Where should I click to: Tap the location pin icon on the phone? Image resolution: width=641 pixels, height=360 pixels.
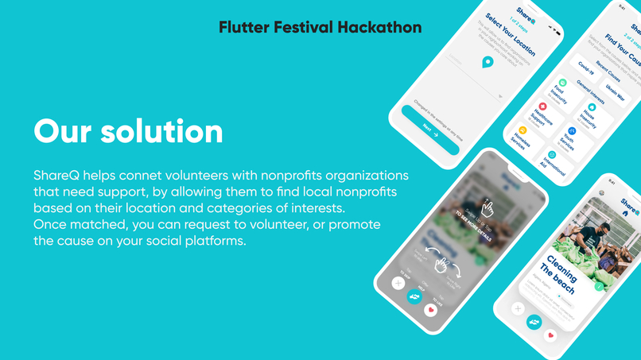click(x=488, y=62)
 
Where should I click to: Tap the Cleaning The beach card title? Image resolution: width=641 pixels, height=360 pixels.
click(x=562, y=273)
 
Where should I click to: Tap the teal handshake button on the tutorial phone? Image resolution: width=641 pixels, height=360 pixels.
click(x=414, y=296)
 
